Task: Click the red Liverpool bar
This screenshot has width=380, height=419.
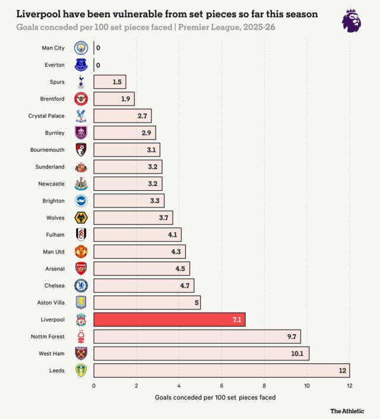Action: [x=169, y=319]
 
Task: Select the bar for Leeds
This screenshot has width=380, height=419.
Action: [x=221, y=370]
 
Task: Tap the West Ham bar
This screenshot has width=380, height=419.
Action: [x=201, y=354]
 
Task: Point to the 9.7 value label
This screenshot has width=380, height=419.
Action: [x=292, y=337]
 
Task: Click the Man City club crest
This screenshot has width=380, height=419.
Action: [x=81, y=48]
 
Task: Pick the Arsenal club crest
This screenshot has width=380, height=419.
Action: [x=81, y=268]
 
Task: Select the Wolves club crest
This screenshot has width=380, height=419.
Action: [x=81, y=218]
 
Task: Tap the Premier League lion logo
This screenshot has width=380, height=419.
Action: [x=351, y=20]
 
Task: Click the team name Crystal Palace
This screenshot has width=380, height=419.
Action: [x=46, y=116]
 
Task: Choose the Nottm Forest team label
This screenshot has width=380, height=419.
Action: [x=47, y=337]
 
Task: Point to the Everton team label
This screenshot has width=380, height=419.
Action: [x=54, y=65]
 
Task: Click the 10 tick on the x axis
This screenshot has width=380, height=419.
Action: [x=307, y=385]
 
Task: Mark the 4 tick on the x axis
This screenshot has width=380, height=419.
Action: [x=179, y=385]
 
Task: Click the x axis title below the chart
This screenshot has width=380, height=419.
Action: [x=215, y=397]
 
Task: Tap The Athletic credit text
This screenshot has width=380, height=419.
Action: [x=347, y=411]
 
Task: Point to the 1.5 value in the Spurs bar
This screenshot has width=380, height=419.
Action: [x=117, y=82]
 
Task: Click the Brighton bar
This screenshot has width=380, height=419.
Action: [x=128, y=201]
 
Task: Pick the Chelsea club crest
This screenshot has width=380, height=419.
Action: [x=81, y=286]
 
